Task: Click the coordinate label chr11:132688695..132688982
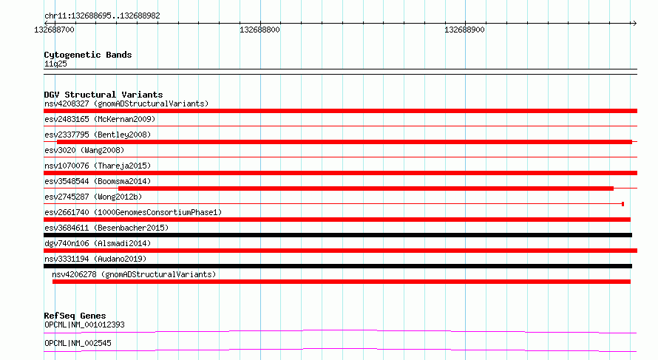(x=102, y=16)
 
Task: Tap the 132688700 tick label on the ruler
(x=54, y=30)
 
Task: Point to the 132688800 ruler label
(x=260, y=30)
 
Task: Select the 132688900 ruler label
(x=464, y=30)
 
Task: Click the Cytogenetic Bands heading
(x=88, y=55)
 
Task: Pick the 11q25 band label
(x=55, y=64)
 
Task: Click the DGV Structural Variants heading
(x=104, y=95)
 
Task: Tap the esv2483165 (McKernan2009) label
(x=100, y=119)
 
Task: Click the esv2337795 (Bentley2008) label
(x=98, y=135)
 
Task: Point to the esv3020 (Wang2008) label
(x=84, y=150)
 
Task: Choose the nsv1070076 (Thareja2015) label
(x=98, y=166)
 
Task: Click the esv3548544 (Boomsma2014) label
(x=98, y=181)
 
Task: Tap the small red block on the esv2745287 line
(x=623, y=204)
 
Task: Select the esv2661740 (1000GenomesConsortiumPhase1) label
(x=133, y=212)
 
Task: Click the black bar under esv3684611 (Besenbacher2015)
(x=338, y=235)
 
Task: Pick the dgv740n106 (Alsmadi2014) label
(x=98, y=243)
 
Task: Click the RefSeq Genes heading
(x=75, y=316)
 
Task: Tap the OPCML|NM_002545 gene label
(x=78, y=343)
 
